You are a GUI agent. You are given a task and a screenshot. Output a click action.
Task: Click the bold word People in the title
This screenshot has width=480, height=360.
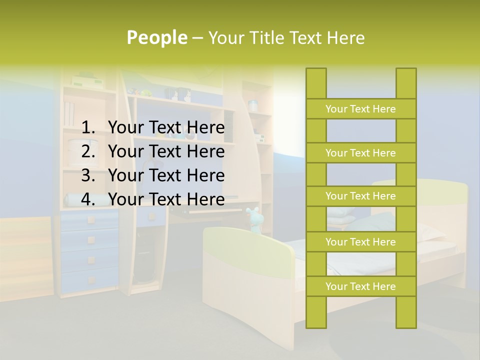[157, 37]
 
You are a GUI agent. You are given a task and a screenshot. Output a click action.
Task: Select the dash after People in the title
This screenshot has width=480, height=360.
[197, 38]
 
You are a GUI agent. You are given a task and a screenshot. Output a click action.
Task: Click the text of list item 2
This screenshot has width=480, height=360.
[166, 151]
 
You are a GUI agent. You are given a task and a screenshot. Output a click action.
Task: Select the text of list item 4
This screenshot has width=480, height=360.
[166, 199]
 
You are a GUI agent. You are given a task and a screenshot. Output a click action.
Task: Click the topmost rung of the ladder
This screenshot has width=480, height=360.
[360, 109]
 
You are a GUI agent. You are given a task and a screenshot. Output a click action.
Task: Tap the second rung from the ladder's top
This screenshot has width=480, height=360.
[360, 153]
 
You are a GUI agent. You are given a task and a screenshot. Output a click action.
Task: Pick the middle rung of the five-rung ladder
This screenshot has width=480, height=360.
[360, 196]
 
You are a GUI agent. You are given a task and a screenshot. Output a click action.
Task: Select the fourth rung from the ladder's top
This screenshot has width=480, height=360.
[360, 242]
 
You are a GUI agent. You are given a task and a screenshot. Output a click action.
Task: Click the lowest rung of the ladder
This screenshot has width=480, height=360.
[360, 286]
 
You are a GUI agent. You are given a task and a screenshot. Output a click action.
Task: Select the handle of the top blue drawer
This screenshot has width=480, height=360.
[91, 219]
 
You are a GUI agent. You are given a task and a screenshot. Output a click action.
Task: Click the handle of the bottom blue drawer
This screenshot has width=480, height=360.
[91, 279]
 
